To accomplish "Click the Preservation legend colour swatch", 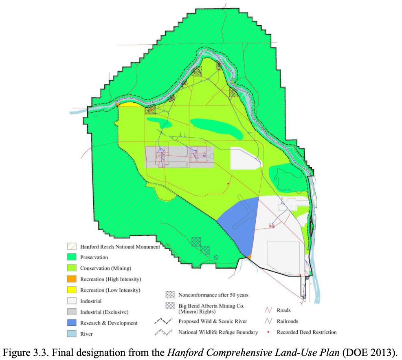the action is click(x=72, y=257).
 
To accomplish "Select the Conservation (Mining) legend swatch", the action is click(x=72, y=268).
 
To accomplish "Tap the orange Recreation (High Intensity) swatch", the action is click(x=72, y=279).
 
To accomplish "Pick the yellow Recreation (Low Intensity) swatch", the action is click(x=72, y=290).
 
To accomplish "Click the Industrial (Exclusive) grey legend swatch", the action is click(x=72, y=312).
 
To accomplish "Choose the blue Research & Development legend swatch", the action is click(x=72, y=323).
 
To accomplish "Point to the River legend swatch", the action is click(x=72, y=334).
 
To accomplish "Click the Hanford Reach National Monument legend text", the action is click(x=120, y=247).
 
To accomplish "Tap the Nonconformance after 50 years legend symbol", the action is click(x=170, y=295).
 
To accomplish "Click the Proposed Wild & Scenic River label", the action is click(x=213, y=321).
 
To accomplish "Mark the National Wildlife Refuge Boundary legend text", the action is click(x=218, y=332).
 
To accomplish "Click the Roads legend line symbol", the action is click(x=268, y=310).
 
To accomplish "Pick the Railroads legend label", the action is click(x=287, y=321).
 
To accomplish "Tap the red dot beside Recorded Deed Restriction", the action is click(x=269, y=332).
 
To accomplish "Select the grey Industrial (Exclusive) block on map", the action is click(x=179, y=157).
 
